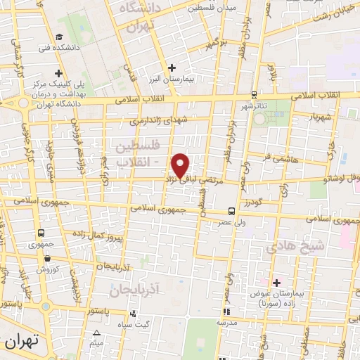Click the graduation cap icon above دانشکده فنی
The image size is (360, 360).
tap(60, 37)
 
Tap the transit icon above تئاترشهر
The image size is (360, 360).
tap(254, 96)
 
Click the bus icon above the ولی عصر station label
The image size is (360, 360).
tap(231, 211)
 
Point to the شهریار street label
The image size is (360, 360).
tap(316, 117)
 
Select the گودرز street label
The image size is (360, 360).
tap(255, 203)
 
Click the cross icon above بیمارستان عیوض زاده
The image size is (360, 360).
tap(277, 283)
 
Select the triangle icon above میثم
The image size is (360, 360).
tap(97, 333)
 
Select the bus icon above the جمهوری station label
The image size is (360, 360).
tap(41, 233)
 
